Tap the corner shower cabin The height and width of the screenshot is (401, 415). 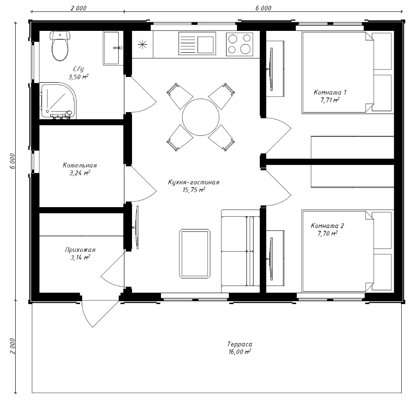58,101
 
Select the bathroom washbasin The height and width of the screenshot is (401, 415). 113,48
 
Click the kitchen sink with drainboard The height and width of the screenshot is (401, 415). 197,43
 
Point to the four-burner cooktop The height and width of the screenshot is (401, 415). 239,44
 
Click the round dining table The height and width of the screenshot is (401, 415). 201,117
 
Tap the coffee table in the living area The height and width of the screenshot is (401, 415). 195,254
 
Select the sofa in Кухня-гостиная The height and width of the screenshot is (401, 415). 241,251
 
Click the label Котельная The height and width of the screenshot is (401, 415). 80,165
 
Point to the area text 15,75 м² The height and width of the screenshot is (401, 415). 194,190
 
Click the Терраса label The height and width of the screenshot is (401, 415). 240,344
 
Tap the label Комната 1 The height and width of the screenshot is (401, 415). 330,92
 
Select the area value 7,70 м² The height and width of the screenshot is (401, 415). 328,233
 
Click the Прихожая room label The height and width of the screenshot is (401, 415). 80,250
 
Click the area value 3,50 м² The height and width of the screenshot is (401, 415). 78,77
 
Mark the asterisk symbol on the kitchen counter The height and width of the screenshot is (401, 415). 142,44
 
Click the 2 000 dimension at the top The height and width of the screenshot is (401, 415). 78,8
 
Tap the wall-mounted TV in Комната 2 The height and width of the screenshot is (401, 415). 271,259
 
